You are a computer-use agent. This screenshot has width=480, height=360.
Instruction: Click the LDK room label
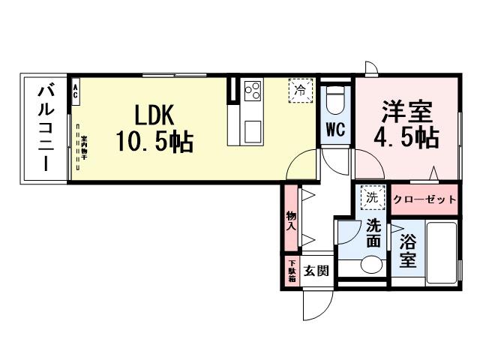pos(154,114)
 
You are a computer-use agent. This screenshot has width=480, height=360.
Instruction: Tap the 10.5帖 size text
pos(154,140)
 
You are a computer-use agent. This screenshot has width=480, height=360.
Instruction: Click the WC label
pos(334,129)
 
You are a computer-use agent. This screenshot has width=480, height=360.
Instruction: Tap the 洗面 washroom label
pos(373,232)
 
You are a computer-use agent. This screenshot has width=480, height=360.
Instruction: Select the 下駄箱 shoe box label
pos(291,271)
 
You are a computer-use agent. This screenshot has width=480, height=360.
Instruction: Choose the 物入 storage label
pos(290,220)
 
